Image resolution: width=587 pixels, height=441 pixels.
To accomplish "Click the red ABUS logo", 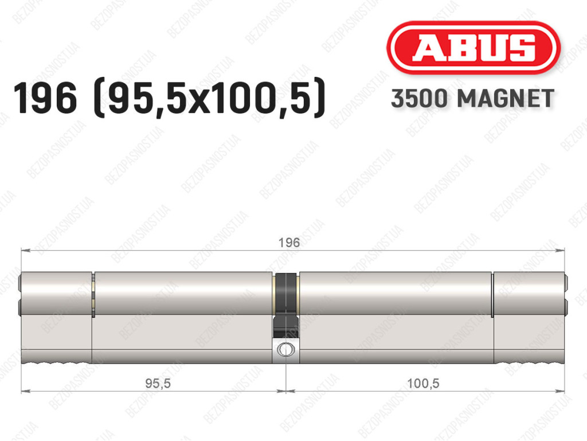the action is tap(473, 48).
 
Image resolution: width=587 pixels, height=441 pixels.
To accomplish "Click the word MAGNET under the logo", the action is tap(506, 99).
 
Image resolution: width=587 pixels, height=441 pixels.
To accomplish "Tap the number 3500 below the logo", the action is tap(419, 99).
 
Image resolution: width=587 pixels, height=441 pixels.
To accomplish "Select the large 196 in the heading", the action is tap(45, 99).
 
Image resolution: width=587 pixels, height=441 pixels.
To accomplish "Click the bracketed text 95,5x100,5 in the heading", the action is tap(210, 99).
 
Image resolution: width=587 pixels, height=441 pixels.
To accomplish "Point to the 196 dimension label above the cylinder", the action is tap(289, 243).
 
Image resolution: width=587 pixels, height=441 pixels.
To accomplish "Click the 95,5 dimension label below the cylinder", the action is tap(158, 383).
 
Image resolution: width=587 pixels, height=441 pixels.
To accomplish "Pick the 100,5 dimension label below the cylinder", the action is tap(423, 383).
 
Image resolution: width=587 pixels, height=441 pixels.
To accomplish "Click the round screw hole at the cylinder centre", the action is tap(285, 350).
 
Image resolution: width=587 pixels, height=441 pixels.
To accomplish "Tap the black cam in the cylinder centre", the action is tap(286, 305).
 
